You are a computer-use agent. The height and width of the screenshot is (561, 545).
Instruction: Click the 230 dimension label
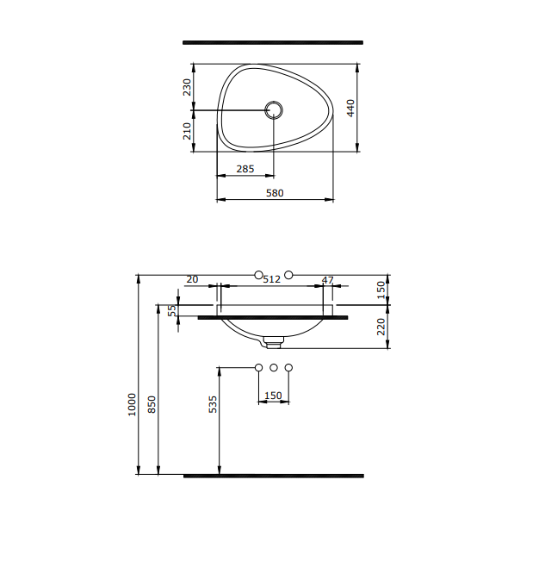pos(187,88)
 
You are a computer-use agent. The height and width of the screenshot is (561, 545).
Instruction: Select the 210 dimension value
pos(187,131)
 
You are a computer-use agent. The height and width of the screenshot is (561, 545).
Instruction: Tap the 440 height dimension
pos(351,108)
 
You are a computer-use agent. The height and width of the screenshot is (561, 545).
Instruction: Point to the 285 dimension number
pos(245,169)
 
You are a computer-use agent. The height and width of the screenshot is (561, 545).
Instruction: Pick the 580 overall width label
pos(274,193)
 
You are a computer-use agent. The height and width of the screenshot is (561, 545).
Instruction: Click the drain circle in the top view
pos(274,110)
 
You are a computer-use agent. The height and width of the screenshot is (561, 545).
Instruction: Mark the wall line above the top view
pos(273,41)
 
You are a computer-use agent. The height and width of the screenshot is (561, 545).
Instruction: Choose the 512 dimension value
pos(272,279)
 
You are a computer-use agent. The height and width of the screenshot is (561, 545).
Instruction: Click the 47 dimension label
pos(327,280)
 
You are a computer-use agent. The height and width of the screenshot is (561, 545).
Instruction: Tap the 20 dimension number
pos(192,279)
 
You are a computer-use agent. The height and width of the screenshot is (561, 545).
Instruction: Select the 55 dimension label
pos(171,310)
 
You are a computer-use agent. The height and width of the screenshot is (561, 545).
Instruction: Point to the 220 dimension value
pos(382,327)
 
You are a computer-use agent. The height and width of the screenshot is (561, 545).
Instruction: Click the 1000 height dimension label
pos(132,405)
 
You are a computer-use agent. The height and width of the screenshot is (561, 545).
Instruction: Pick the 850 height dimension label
pos(152,405)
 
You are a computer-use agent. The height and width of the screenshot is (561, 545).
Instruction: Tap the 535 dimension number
pos(214,405)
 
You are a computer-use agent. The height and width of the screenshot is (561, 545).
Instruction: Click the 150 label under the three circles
pos(273,396)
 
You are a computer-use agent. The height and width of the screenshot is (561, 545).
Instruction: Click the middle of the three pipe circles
pos(274,369)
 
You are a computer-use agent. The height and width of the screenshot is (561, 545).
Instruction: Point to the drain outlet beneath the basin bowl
pos(274,343)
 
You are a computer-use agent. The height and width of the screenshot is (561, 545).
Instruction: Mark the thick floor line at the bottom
pos(273,475)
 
